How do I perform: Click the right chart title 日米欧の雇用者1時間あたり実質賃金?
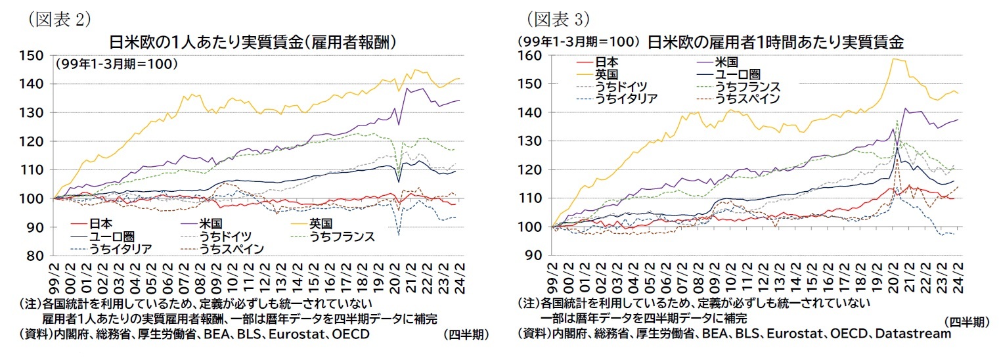coord(776,43)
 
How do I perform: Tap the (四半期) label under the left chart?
coord(466,334)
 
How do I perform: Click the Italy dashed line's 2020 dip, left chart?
coord(399,235)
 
